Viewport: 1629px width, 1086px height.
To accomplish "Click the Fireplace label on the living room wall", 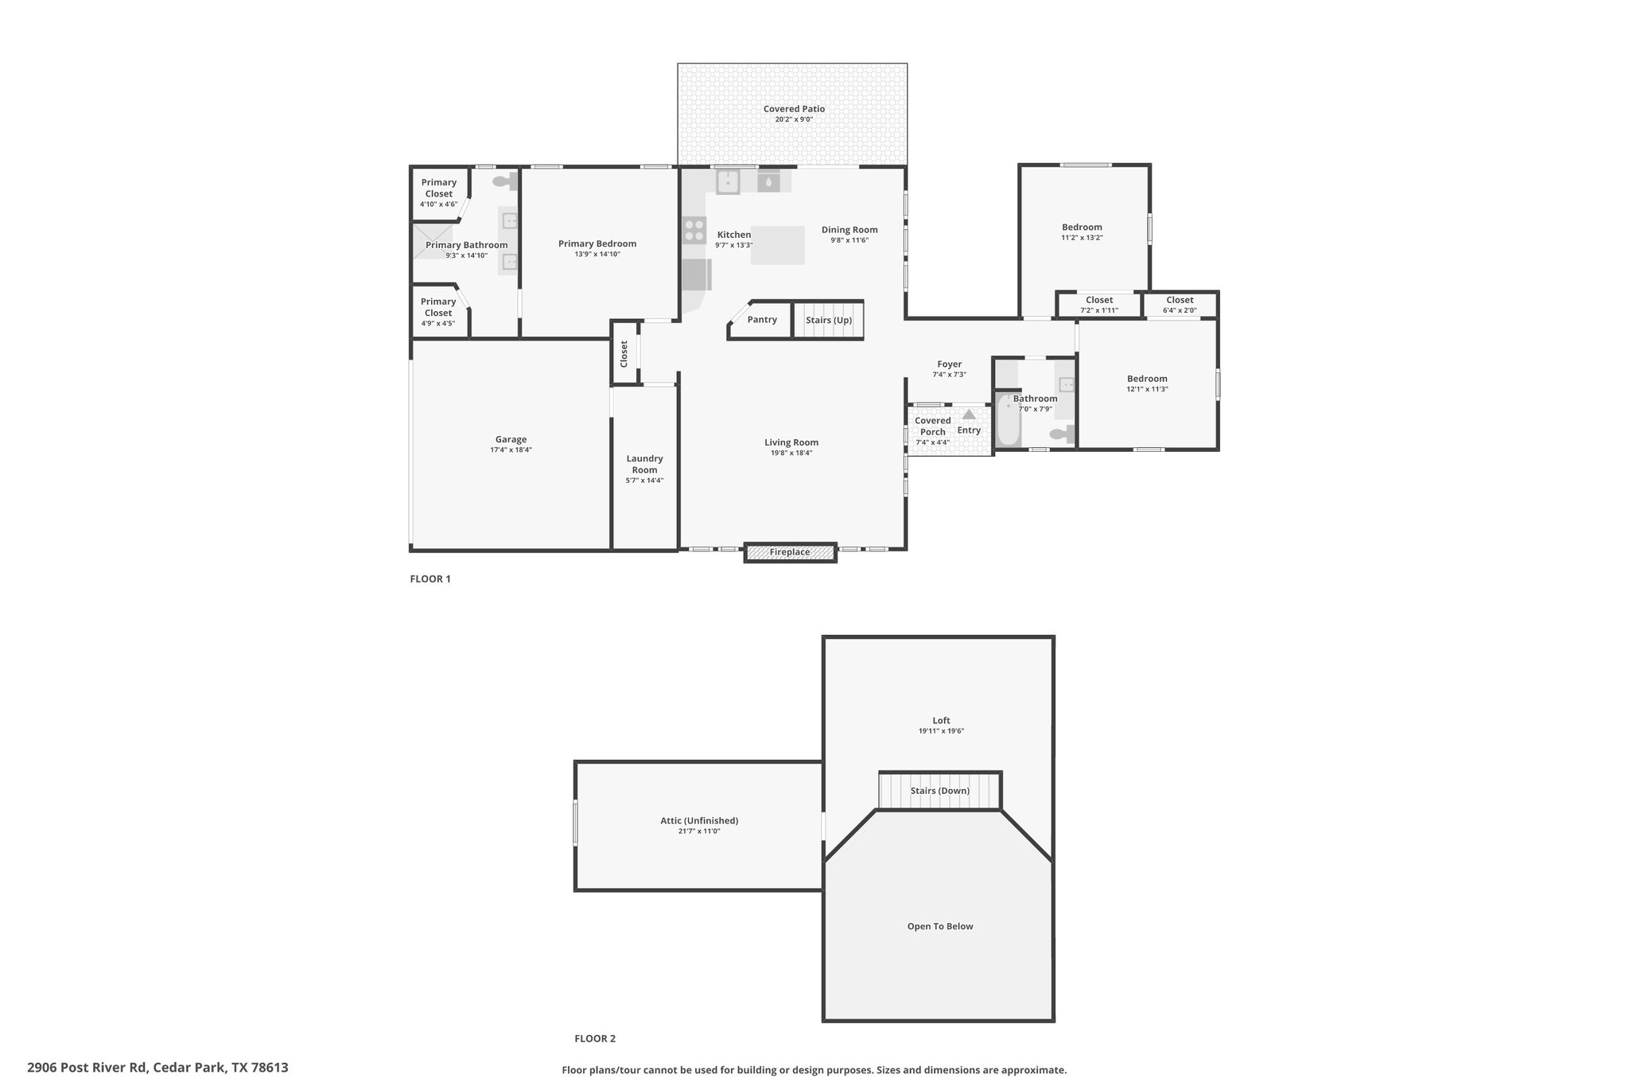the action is [790, 552].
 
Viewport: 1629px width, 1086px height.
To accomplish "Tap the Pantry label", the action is [762, 320].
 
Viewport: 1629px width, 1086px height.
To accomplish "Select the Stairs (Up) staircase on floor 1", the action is [828, 320].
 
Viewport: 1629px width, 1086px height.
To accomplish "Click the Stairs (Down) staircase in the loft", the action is [939, 791].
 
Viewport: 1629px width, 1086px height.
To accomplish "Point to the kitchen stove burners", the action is [694, 231].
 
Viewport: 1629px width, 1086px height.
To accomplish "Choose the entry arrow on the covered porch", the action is [969, 415].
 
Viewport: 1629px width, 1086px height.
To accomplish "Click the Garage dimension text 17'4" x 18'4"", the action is [511, 450].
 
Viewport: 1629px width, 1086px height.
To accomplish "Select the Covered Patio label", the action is [794, 109].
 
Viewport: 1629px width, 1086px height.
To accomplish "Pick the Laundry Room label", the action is [644, 464].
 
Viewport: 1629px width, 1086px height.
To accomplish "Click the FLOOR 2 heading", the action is [595, 1038].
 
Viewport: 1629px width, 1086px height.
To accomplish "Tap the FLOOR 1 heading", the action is [430, 579].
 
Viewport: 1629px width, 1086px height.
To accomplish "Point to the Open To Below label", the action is [940, 926].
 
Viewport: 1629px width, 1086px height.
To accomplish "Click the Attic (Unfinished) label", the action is [699, 821].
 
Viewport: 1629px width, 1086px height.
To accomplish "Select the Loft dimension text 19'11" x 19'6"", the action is [941, 731].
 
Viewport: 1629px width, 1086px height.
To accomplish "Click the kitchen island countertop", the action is [777, 245].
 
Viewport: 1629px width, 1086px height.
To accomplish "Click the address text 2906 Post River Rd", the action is [87, 1067].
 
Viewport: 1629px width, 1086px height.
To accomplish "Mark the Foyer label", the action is [949, 364].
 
